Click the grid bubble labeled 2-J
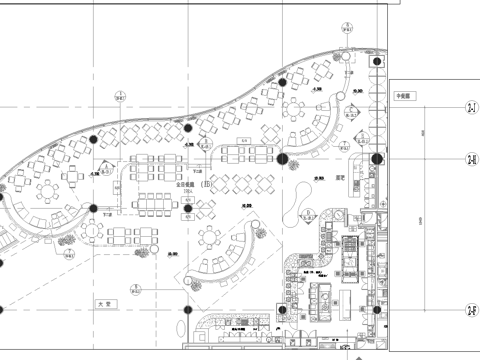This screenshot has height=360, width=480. [x=470, y=107]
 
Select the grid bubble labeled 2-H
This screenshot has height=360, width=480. [x=470, y=159]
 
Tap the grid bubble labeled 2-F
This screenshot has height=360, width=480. [x=470, y=312]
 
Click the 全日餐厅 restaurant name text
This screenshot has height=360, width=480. [x=186, y=184]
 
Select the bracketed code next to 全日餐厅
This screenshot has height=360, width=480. [x=207, y=184]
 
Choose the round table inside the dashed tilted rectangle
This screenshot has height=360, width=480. [x=211, y=238]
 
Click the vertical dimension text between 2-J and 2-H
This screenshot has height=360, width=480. [x=423, y=133]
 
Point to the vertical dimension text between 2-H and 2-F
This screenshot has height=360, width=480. [x=423, y=235]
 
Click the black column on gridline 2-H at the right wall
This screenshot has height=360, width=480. [x=377, y=159]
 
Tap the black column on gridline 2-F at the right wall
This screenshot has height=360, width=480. [x=377, y=312]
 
